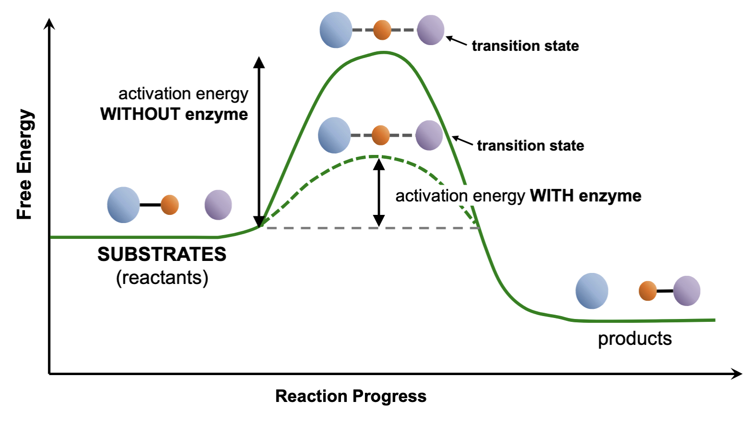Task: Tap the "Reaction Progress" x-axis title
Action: tap(351, 396)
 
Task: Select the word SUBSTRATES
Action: tap(162, 254)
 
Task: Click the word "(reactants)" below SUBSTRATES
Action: tap(162, 277)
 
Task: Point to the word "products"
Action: tap(634, 339)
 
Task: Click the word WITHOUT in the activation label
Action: tap(140, 114)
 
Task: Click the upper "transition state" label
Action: tap(525, 46)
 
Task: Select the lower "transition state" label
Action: tap(530, 146)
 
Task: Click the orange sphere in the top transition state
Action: tap(382, 30)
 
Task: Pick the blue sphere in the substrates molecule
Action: tap(123, 205)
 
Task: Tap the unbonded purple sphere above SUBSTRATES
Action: tap(218, 205)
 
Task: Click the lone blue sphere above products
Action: tap(592, 291)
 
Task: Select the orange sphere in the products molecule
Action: tap(647, 291)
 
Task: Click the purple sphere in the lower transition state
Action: tap(429, 135)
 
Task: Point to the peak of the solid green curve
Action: tap(383, 52)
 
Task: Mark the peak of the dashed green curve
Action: tap(376, 156)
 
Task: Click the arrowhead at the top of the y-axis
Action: tap(49, 23)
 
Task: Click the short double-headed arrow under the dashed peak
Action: tap(379, 192)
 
